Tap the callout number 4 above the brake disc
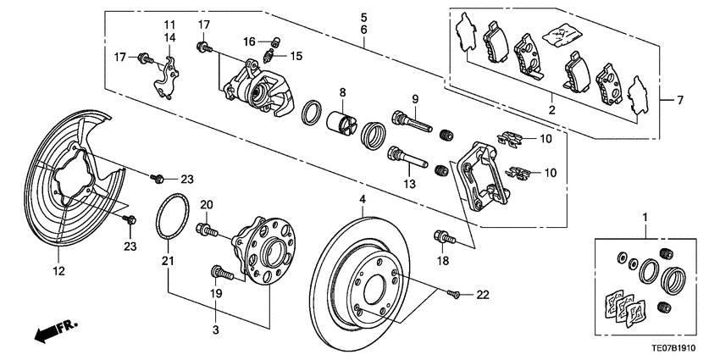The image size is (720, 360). pos(361,202)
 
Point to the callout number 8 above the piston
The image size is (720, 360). pos(343,91)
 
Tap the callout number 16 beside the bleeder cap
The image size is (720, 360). pos(249,41)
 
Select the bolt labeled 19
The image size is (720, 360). pos(219,272)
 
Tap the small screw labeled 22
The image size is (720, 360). pos(454,293)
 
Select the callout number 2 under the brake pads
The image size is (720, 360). pos(551,110)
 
